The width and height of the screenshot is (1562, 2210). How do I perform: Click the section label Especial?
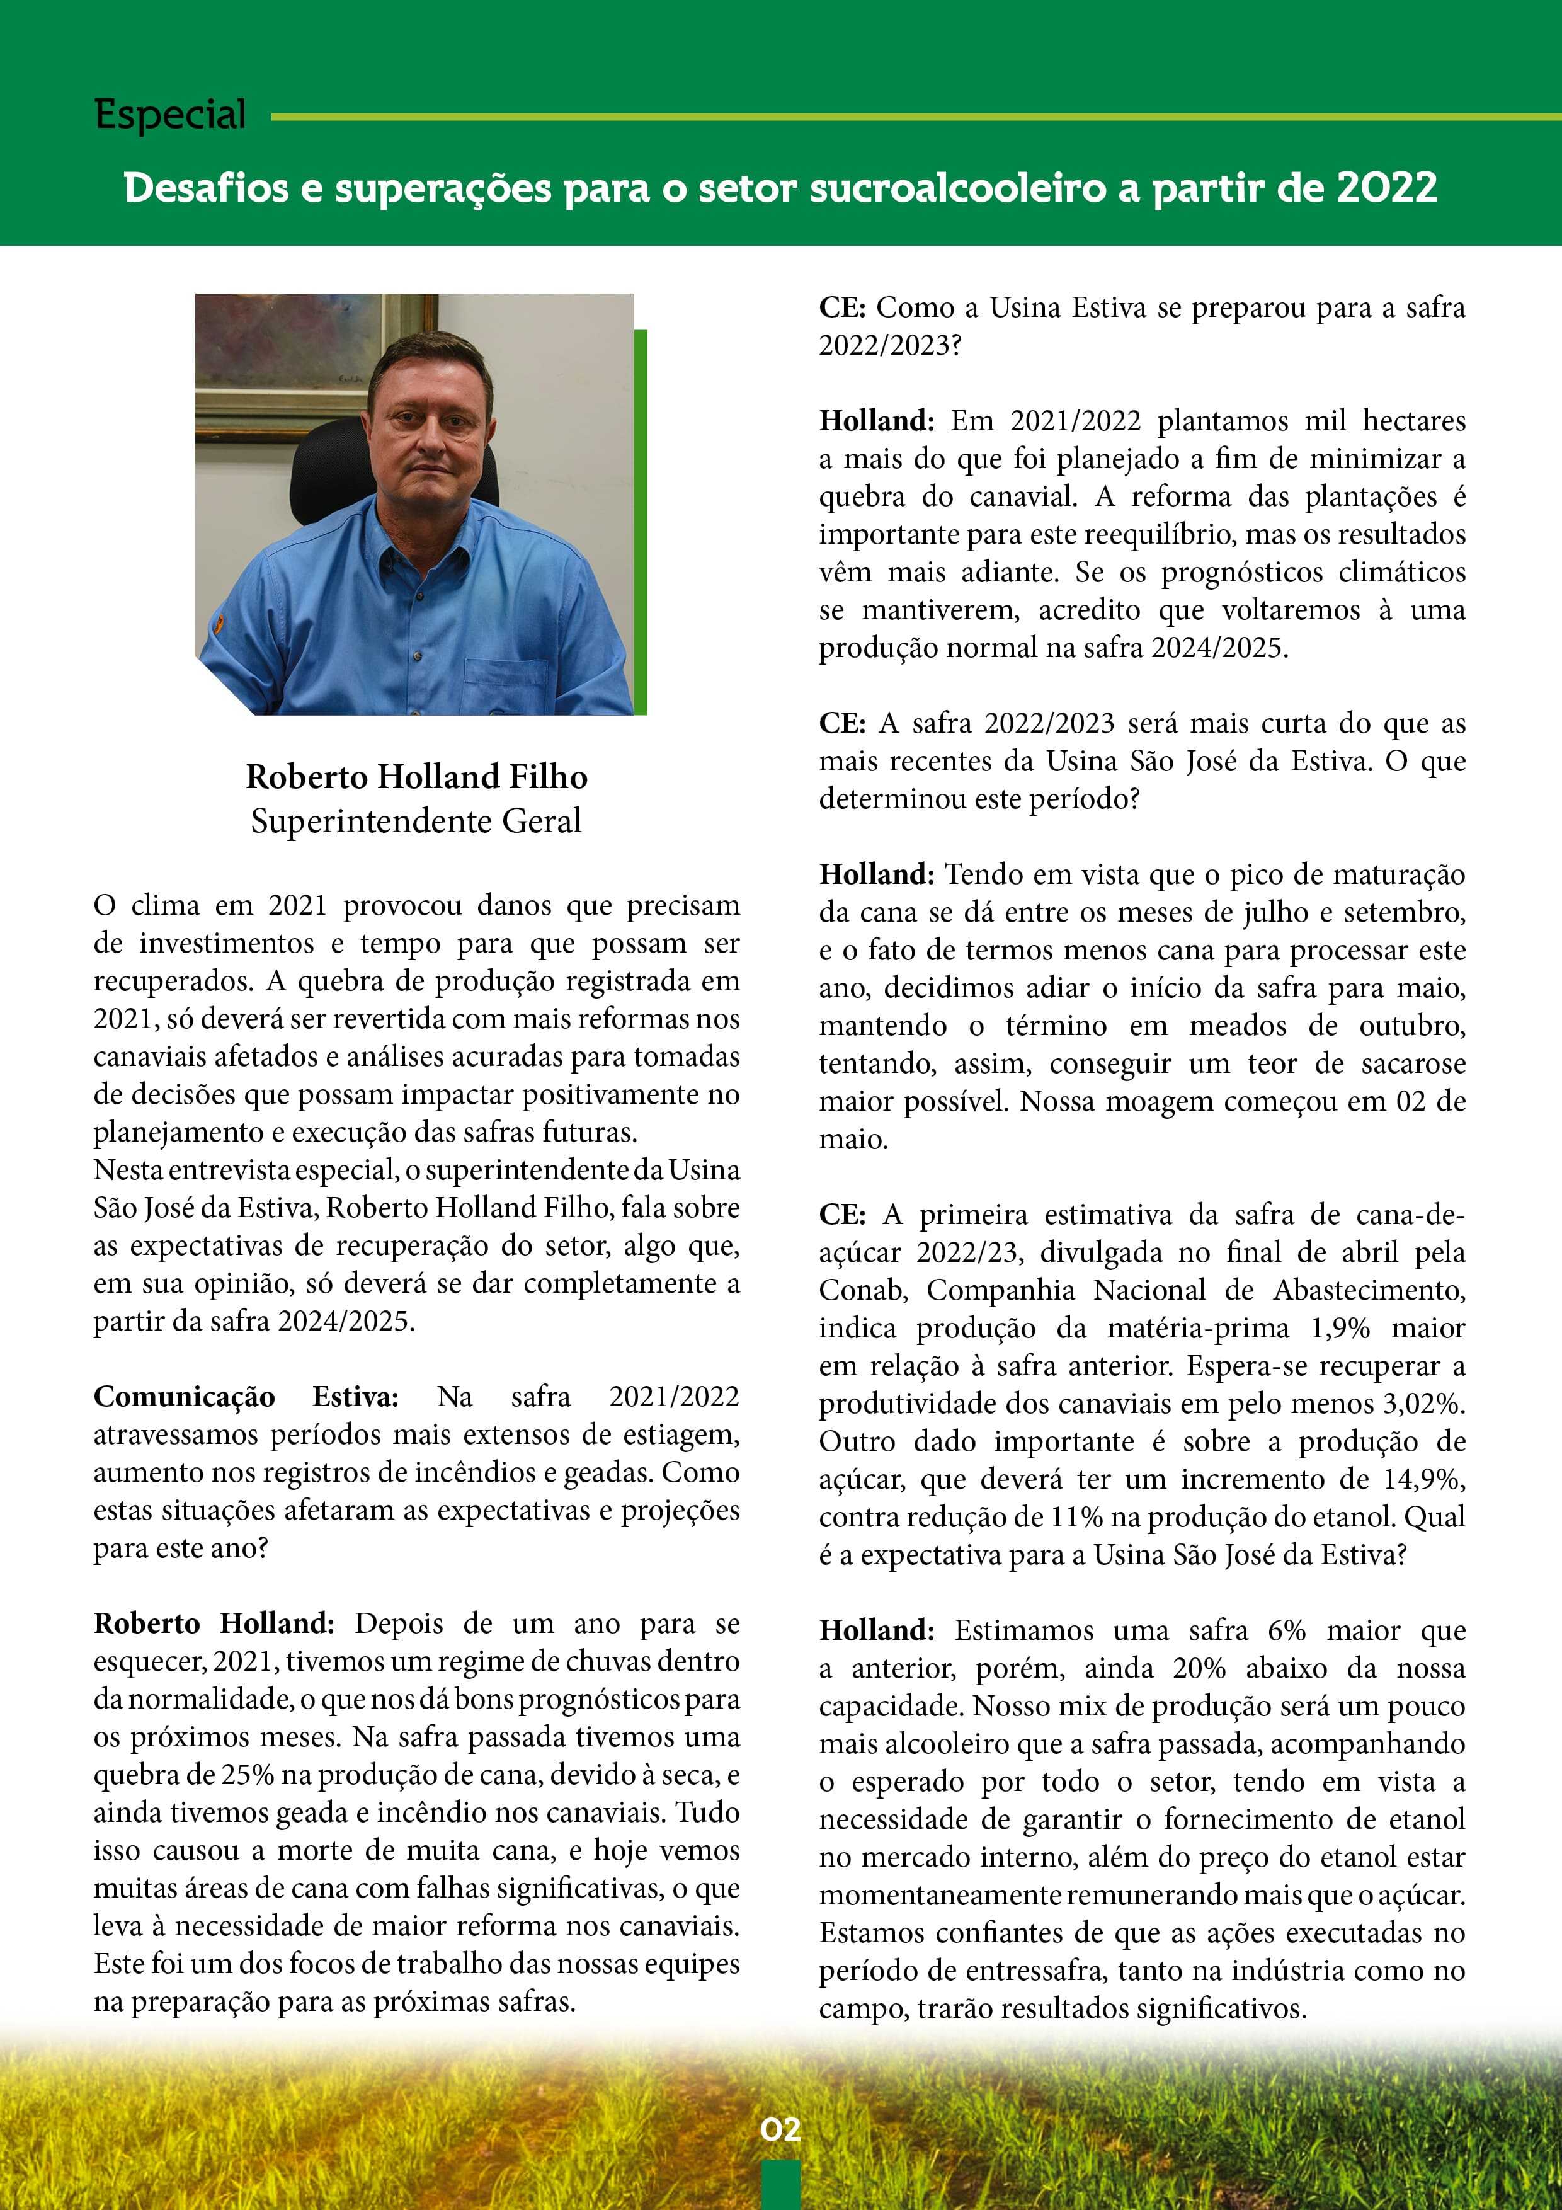pos(170,115)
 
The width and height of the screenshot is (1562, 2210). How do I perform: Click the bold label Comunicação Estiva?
pos(246,1397)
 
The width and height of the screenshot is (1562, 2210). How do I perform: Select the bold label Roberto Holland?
pos(214,1624)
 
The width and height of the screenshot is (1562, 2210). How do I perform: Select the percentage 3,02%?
pos(1423,1404)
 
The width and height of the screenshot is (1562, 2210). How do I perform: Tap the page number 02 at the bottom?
pos(780,2128)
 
